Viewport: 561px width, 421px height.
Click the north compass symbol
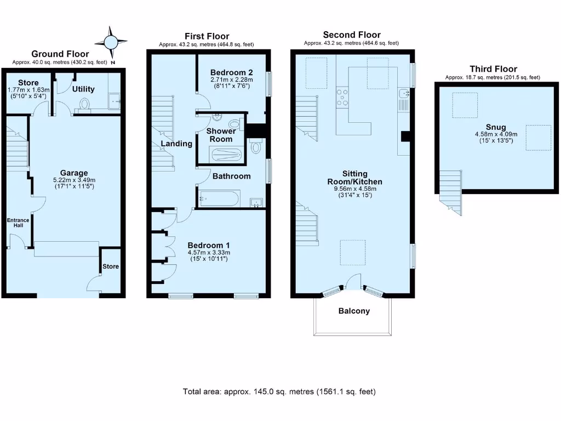click(x=111, y=43)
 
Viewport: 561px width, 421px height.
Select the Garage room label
click(x=74, y=173)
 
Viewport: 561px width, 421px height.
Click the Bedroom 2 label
click(x=232, y=72)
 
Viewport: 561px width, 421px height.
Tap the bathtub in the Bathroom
click(x=219, y=198)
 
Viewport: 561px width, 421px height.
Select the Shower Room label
click(x=221, y=135)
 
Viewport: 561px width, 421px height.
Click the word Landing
click(x=176, y=144)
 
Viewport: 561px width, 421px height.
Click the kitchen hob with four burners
click(x=343, y=97)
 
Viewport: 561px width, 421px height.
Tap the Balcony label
click(x=353, y=311)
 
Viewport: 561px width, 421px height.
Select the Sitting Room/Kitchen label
click(x=354, y=178)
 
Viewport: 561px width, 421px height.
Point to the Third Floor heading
click(x=493, y=69)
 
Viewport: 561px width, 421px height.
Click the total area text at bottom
click(x=279, y=392)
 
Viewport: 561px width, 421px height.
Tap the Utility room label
click(x=83, y=89)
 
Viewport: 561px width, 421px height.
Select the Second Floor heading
click(x=351, y=35)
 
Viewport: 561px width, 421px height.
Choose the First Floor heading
click(x=207, y=37)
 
